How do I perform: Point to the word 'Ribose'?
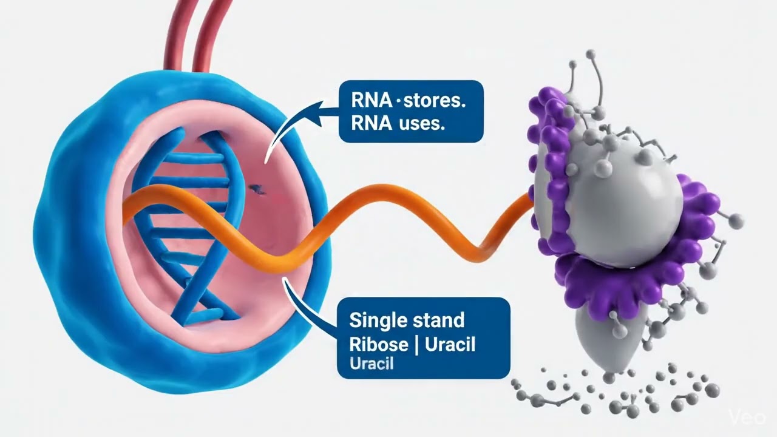point(379,344)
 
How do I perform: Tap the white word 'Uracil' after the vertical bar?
point(450,344)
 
